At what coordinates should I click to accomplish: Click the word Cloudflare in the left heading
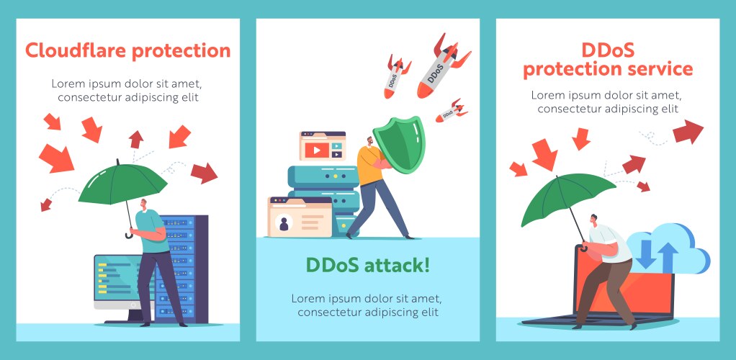76,51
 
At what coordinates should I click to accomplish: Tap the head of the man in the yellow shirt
367,141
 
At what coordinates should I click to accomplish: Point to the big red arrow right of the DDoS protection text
688,132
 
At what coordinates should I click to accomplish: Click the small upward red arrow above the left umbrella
136,139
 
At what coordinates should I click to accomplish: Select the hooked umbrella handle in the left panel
130,233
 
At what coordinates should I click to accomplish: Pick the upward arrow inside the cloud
668,256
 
